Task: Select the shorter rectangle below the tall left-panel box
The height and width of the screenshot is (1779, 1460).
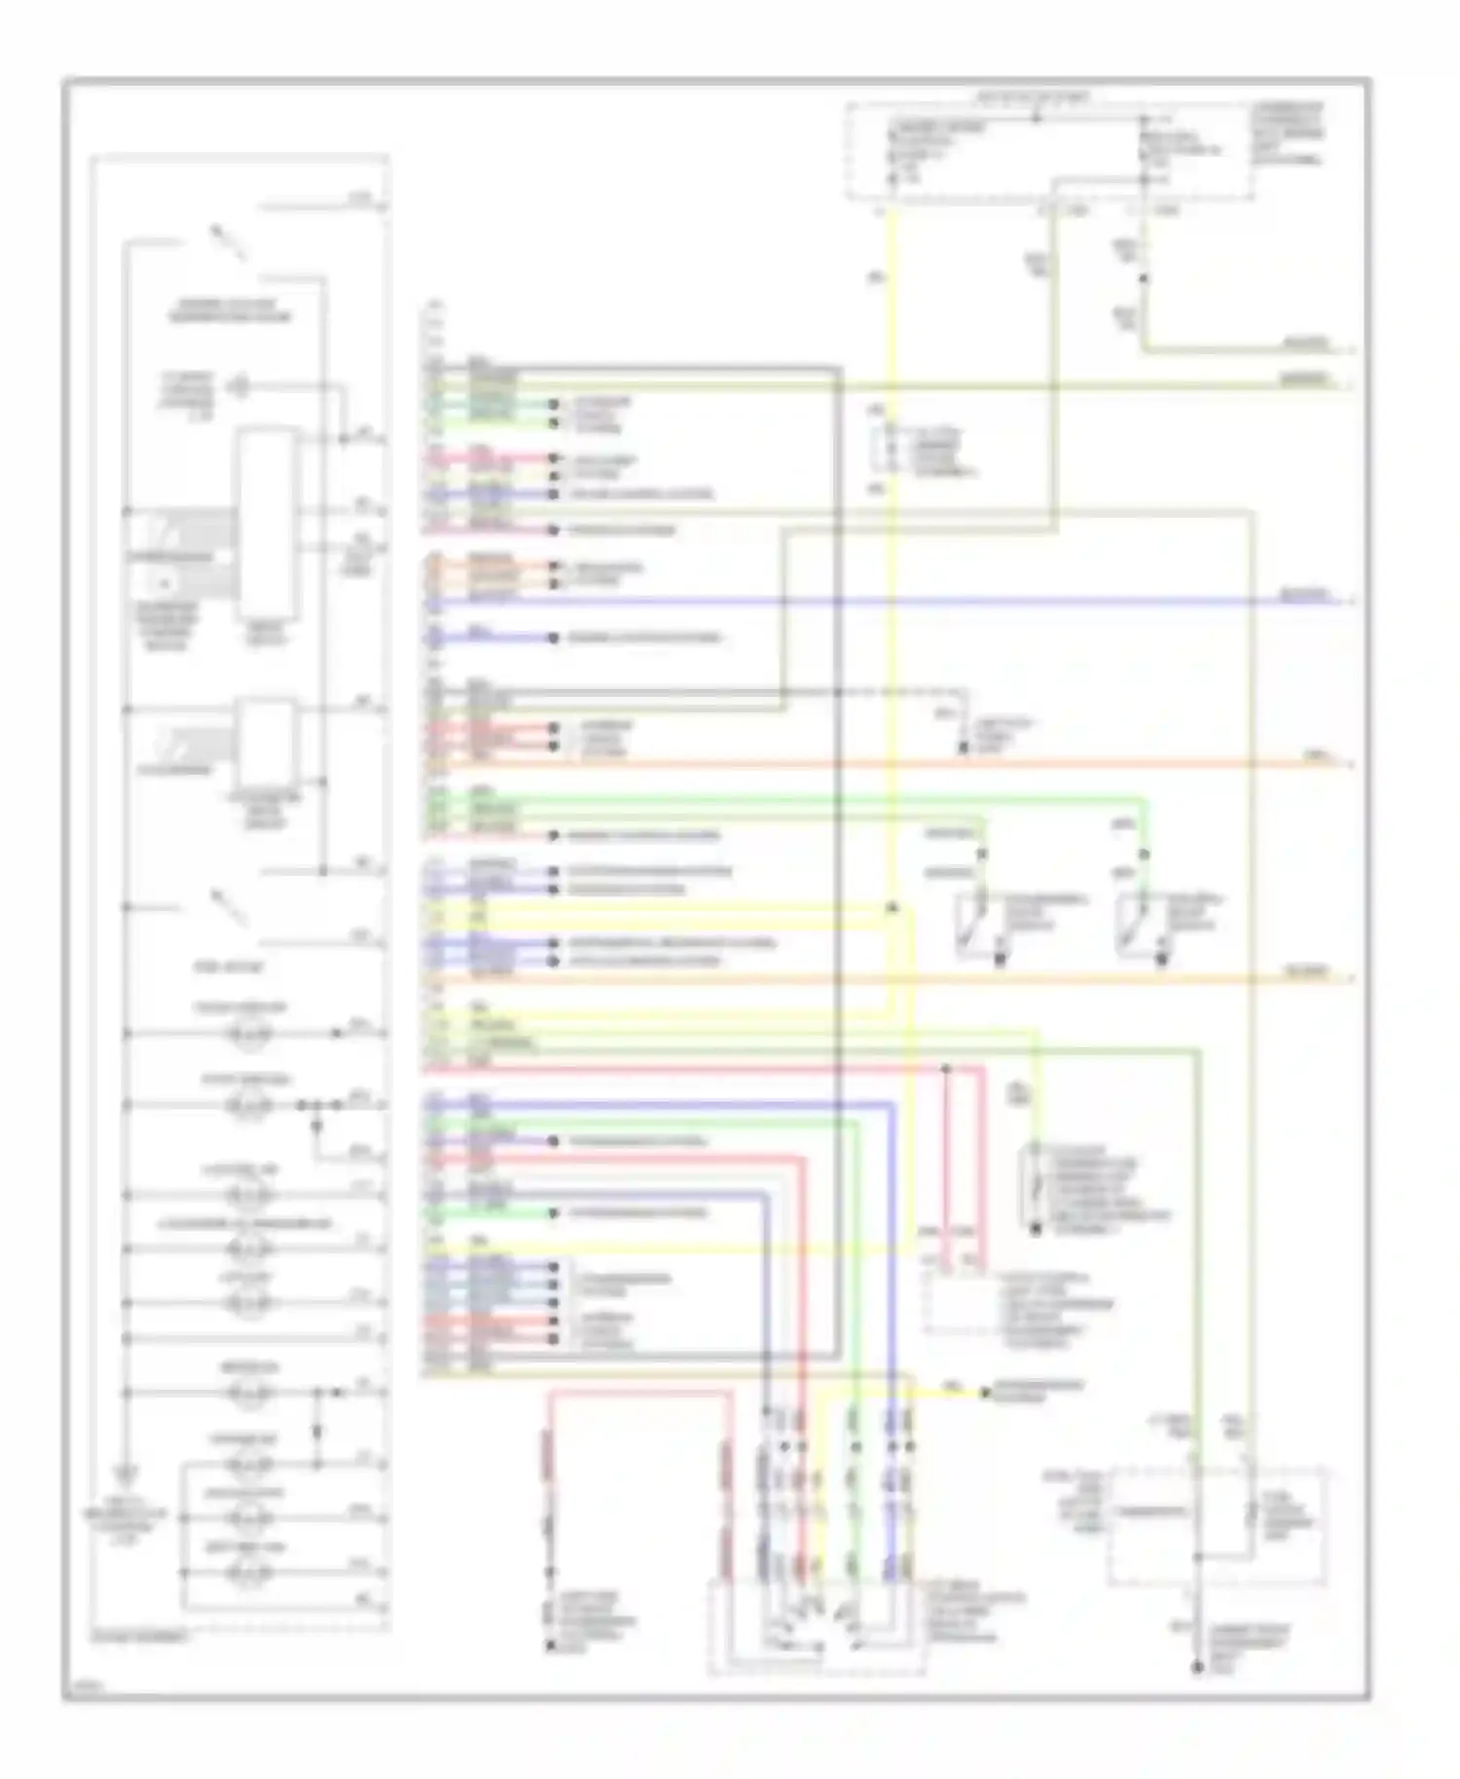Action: (x=268, y=744)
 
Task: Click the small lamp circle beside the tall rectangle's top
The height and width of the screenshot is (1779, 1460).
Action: (x=237, y=387)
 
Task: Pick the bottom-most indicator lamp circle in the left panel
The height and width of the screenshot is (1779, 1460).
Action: (x=248, y=1572)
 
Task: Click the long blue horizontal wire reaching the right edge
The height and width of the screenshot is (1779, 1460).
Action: (x=876, y=602)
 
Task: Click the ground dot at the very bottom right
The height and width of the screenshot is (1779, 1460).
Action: (x=1197, y=1669)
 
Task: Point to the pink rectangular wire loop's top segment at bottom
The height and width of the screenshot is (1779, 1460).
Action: (x=638, y=1394)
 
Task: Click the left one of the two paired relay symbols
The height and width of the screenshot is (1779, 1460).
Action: (x=978, y=925)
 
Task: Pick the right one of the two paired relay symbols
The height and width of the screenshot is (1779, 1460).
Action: (x=1139, y=925)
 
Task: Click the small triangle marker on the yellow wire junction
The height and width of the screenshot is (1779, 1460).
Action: (x=891, y=907)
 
